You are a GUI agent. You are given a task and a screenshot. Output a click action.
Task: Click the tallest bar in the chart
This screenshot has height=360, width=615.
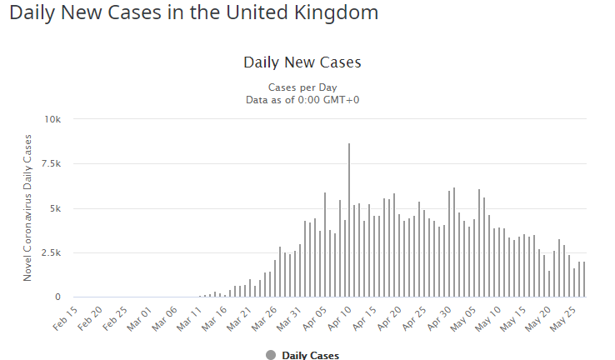point(349,220)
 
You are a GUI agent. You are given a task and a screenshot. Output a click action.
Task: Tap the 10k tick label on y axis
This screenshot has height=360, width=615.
point(52,119)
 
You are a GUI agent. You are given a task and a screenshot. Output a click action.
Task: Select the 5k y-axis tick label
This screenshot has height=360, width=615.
point(54,208)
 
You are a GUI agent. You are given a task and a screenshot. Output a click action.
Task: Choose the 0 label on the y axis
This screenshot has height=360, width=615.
point(57,297)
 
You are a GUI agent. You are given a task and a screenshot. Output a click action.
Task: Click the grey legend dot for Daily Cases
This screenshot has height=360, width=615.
point(271,355)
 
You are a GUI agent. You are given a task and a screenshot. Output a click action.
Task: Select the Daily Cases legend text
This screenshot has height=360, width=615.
point(310,355)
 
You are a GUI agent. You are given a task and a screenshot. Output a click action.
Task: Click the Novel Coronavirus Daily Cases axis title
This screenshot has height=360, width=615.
point(27,208)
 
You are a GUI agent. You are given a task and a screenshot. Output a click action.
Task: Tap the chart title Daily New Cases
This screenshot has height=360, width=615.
point(302,62)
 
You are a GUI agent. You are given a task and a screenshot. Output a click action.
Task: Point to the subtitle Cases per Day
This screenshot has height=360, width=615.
point(302,87)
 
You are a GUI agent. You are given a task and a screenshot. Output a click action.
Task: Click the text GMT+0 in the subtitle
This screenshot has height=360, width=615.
point(342,99)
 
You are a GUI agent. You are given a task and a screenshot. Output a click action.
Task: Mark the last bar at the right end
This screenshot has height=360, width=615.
point(584,279)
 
